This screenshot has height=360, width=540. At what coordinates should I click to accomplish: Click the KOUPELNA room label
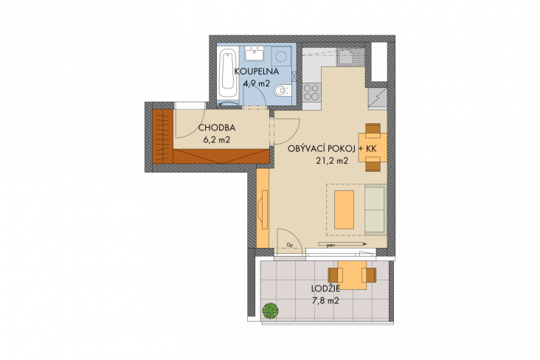tap(257, 72)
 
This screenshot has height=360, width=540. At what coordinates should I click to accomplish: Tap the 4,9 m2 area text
tap(256, 83)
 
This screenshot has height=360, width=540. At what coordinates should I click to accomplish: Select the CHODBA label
tap(217, 128)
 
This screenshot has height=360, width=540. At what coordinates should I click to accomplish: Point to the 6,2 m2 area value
tap(217, 139)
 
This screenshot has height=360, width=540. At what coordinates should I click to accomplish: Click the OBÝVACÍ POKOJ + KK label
tap(332, 149)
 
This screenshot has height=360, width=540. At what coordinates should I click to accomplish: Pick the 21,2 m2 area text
tap(332, 161)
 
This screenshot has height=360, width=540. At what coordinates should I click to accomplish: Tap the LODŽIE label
tap(326, 288)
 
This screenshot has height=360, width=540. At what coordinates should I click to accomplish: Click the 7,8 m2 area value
tap(325, 301)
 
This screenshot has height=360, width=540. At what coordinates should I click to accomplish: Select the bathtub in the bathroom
tap(228, 74)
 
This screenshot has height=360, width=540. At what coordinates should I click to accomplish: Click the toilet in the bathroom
tap(283, 91)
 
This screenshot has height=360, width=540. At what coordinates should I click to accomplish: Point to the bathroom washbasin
tap(255, 54)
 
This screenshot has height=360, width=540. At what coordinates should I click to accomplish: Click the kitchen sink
tap(350, 57)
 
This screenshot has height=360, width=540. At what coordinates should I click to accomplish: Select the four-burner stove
tap(311, 92)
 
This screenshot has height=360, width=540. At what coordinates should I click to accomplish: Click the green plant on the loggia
tap(270, 311)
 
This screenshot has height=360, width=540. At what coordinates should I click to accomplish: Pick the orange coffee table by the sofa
tap(344, 210)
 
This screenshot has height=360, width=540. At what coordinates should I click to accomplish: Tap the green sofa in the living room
tap(375, 210)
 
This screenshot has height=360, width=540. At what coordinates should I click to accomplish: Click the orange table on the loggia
tap(352, 275)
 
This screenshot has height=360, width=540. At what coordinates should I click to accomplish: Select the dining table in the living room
tap(373, 148)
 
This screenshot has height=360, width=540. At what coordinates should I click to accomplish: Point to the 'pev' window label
tap(331, 245)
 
